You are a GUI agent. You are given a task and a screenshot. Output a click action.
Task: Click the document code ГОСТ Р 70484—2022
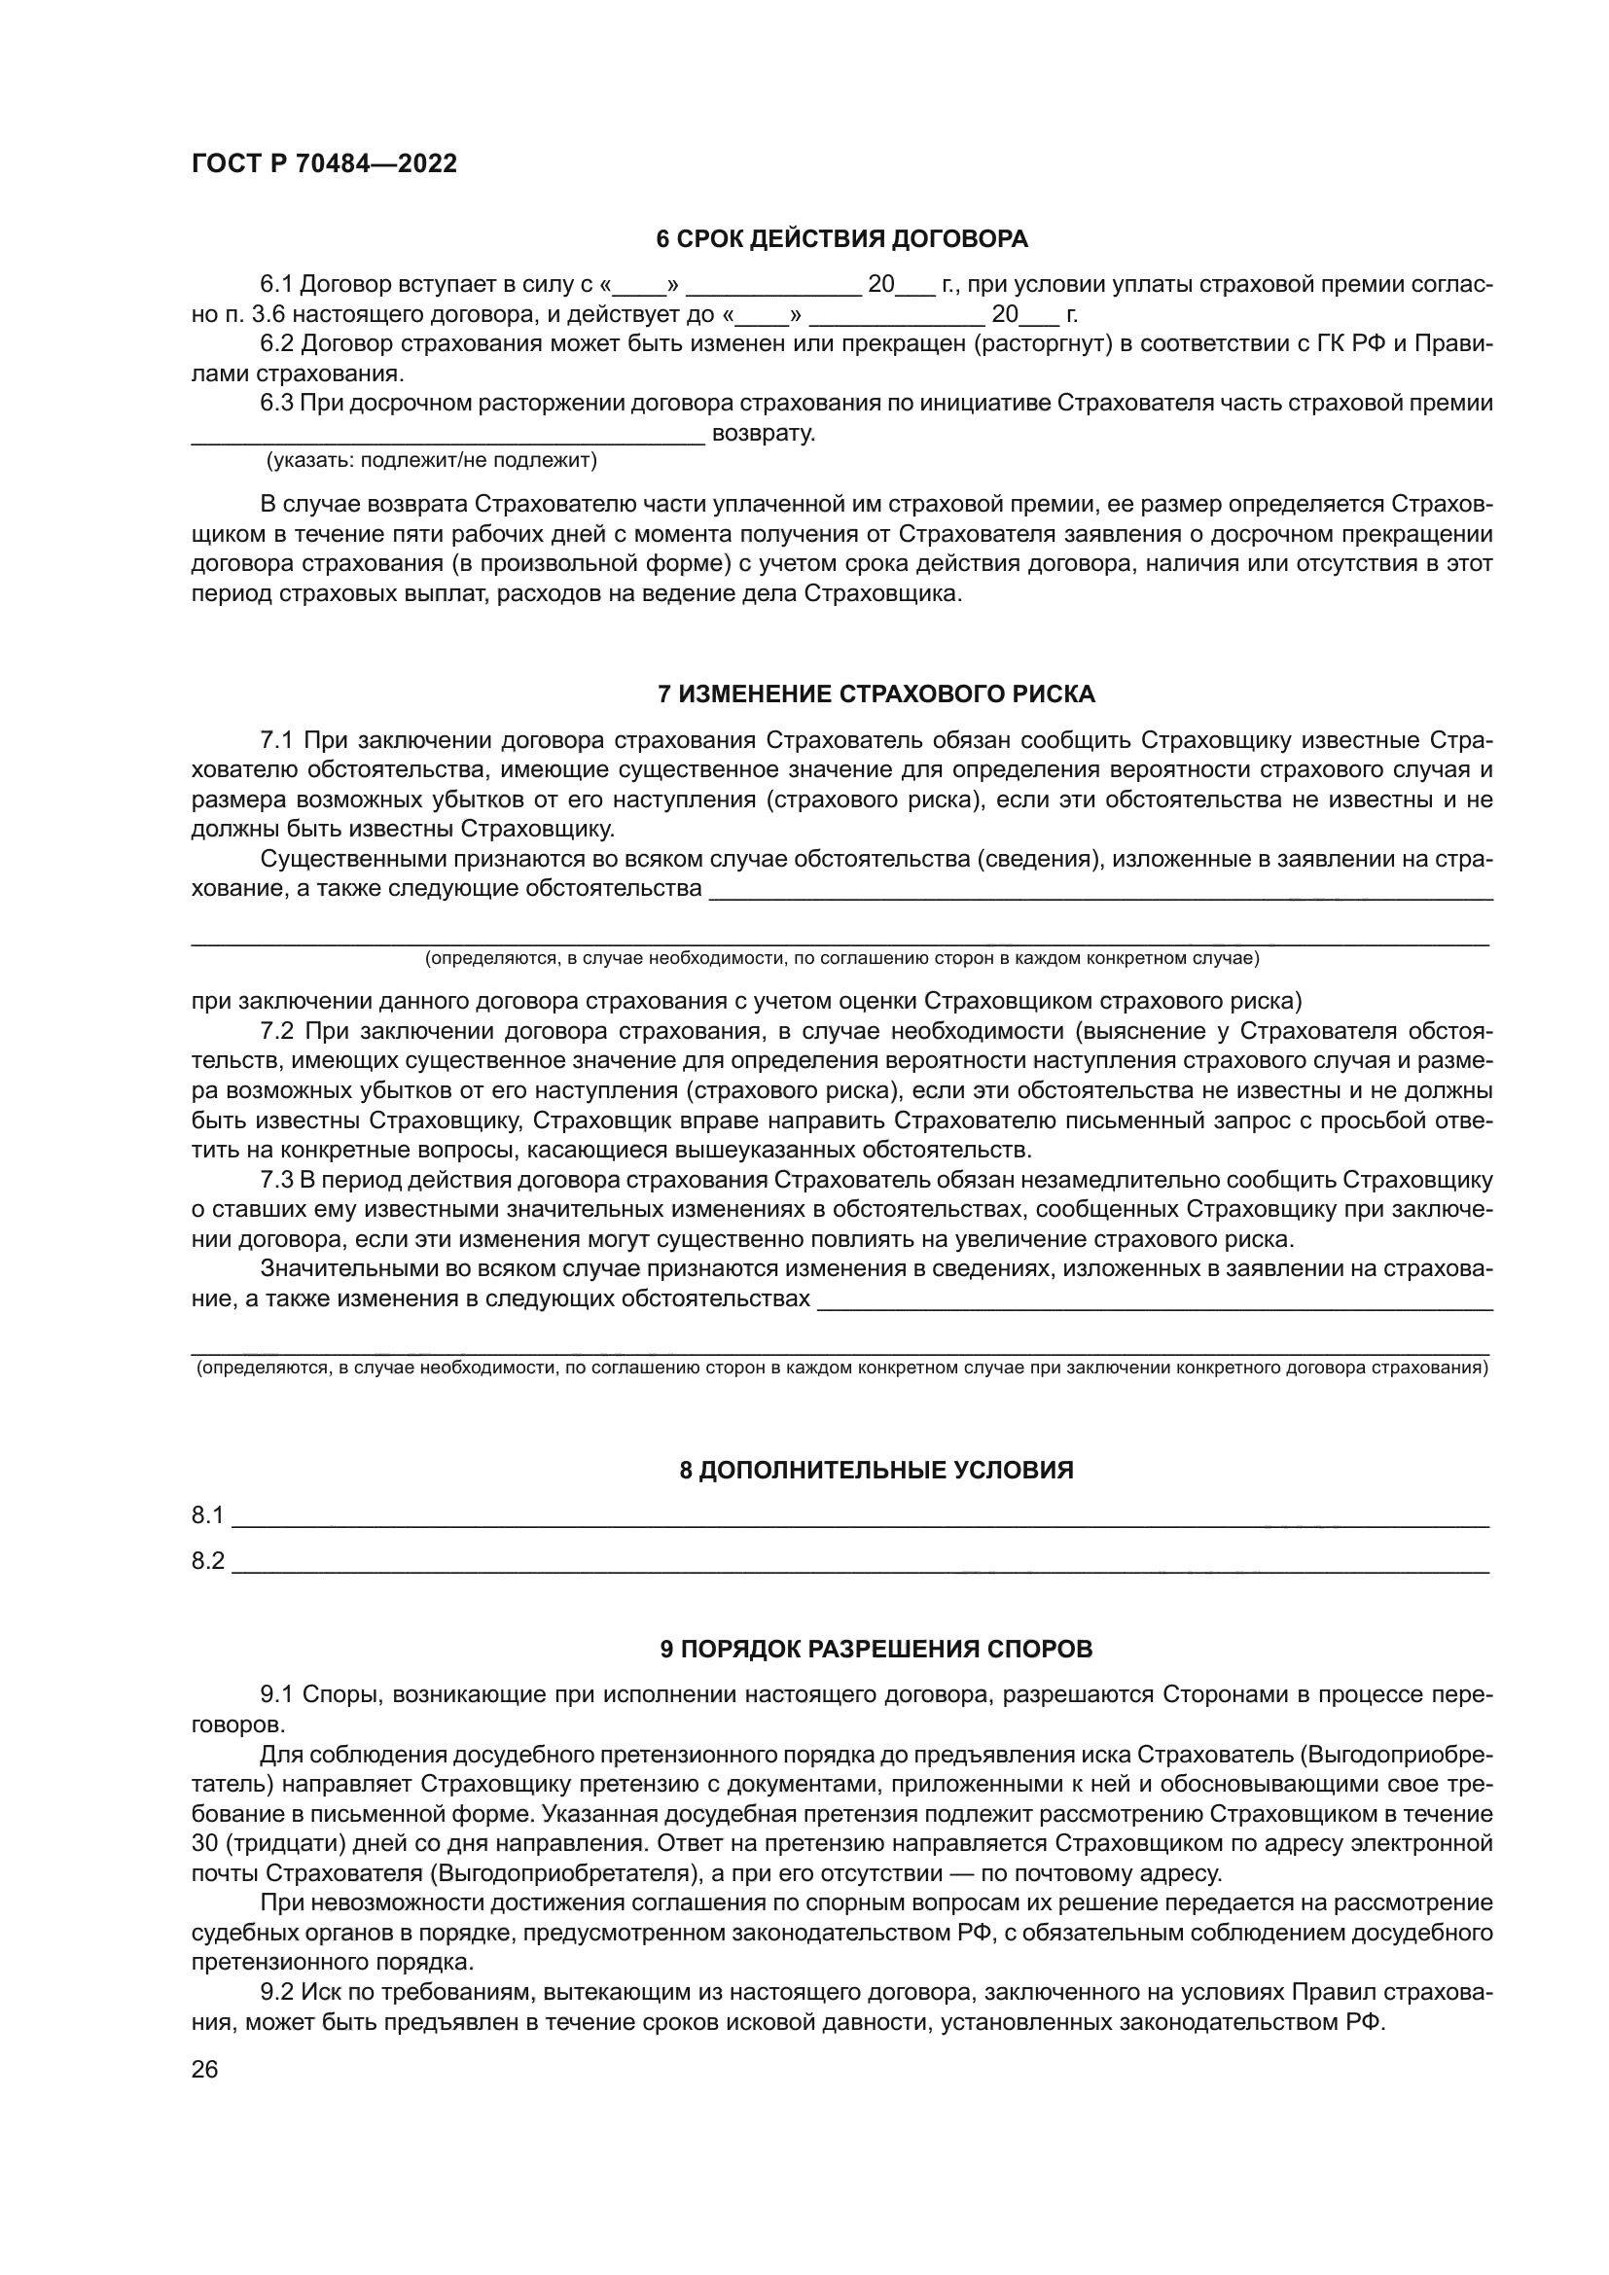pos(324,164)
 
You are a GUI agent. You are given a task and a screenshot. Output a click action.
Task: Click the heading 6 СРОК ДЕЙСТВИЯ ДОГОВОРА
pos(842,239)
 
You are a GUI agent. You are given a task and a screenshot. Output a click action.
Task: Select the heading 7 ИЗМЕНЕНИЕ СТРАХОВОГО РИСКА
pos(876,694)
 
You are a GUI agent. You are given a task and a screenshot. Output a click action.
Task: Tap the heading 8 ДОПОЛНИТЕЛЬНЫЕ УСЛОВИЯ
pos(876,1470)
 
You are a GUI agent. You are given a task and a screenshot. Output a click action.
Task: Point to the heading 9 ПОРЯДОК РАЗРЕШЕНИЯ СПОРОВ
pos(876,1650)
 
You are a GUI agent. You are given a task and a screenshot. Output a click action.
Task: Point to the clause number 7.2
pos(277,1031)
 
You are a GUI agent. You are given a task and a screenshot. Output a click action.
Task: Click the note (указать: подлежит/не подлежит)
pos(431,461)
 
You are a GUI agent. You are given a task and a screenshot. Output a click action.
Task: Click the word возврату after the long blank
pos(764,434)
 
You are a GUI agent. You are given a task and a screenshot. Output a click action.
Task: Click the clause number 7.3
pos(277,1180)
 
